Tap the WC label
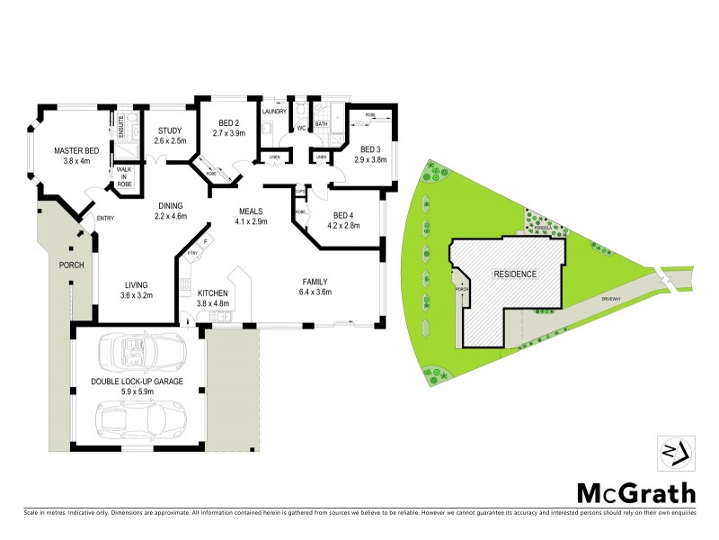(301, 129)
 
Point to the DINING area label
(170, 204)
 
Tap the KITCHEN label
(214, 293)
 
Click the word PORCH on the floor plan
(71, 265)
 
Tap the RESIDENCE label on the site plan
(515, 274)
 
